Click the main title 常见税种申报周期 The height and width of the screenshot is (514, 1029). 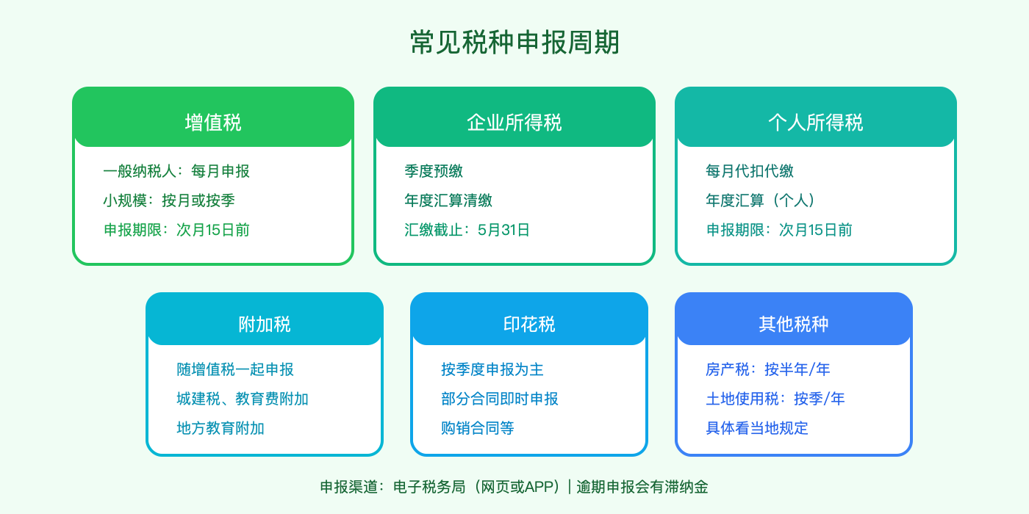coord(514,43)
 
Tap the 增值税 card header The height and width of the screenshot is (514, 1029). coord(213,122)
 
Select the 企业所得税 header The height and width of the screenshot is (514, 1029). coord(514,122)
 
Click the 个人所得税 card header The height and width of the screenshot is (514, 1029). coord(816,122)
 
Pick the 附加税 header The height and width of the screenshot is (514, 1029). coord(265,324)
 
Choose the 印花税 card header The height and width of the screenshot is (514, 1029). coord(529,324)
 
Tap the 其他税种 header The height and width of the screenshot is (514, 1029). coord(794,324)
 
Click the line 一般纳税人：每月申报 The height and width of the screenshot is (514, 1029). coord(176,171)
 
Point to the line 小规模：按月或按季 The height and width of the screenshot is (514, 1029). coord(169,200)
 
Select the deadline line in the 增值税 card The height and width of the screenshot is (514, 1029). coord(176,230)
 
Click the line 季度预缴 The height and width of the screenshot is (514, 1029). coord(434,171)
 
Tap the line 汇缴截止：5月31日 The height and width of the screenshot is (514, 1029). coord(467,230)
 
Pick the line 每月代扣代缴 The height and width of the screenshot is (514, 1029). coord(750,171)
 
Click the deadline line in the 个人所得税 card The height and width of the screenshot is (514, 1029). coord(779,230)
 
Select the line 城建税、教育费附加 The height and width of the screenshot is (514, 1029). coord(243,399)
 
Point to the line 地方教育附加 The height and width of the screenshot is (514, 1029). coord(220,428)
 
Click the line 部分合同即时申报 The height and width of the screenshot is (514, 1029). coord(500,399)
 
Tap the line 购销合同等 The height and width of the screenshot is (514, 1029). coord(478,428)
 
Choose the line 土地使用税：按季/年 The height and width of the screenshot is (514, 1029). coord(775,399)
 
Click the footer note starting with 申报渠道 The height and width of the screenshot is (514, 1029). coord(514,487)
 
